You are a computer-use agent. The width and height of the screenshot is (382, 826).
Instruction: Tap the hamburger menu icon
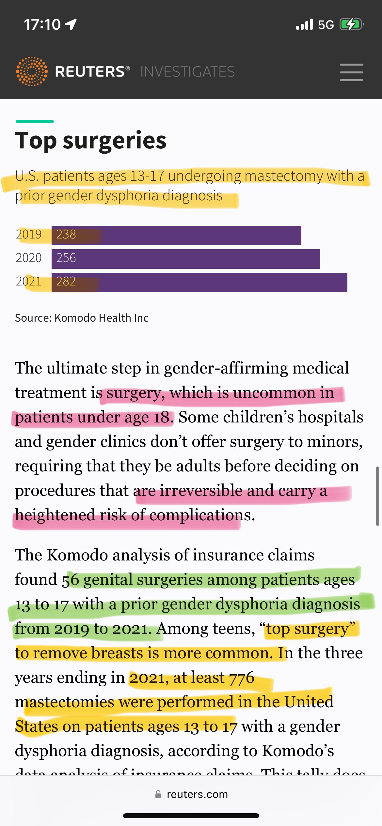pyautogui.click(x=351, y=72)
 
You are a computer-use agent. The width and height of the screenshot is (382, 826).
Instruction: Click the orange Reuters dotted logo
pyautogui.click(x=32, y=71)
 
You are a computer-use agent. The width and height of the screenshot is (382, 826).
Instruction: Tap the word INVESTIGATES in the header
pyautogui.click(x=187, y=72)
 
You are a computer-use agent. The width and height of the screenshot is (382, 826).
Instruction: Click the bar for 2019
pyautogui.click(x=176, y=235)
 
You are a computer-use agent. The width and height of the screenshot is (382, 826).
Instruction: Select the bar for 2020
pyautogui.click(x=186, y=259)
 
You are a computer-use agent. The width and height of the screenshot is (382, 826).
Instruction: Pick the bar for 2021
pyautogui.click(x=199, y=282)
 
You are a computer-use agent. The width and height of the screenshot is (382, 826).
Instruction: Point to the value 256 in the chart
pyautogui.click(x=66, y=258)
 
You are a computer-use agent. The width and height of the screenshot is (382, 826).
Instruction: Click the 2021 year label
pyautogui.click(x=29, y=281)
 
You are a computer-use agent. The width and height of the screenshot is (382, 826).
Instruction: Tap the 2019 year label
pyautogui.click(x=29, y=234)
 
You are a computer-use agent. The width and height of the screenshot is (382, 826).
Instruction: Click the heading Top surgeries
pyautogui.click(x=91, y=141)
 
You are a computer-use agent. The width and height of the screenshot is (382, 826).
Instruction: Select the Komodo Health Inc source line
pyautogui.click(x=82, y=318)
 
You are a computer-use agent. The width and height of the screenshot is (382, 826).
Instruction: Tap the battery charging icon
pyautogui.click(x=351, y=24)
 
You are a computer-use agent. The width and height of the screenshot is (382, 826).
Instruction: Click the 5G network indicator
pyautogui.click(x=326, y=25)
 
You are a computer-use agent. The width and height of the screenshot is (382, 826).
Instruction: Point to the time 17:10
pyautogui.click(x=42, y=24)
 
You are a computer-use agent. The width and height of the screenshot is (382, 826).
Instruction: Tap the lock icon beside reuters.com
pyautogui.click(x=158, y=794)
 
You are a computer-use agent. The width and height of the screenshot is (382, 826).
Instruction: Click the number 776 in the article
pyautogui.click(x=242, y=678)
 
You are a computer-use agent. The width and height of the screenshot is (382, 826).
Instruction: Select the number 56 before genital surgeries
pyautogui.click(x=71, y=580)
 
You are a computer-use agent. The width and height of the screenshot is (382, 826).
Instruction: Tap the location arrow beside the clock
pyautogui.click(x=71, y=24)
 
